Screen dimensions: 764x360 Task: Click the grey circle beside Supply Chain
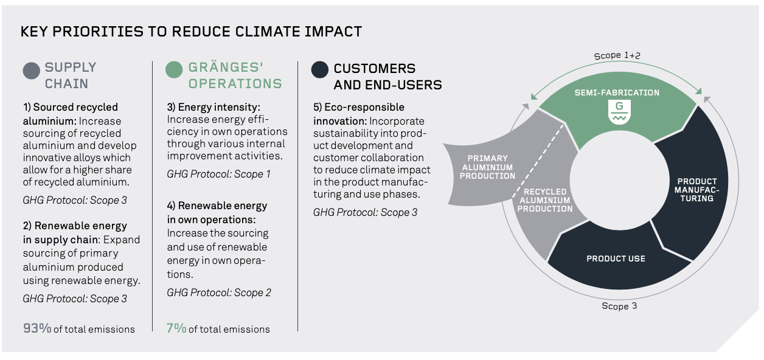click(32, 71)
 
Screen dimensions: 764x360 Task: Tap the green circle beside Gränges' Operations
click(174, 70)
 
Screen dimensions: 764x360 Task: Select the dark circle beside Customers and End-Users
click(320, 70)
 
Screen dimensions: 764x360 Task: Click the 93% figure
click(37, 328)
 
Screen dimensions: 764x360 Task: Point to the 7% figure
click(176, 328)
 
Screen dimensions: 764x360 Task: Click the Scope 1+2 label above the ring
click(617, 55)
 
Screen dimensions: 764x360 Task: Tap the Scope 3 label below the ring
click(619, 306)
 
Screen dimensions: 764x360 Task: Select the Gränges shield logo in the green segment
click(619, 112)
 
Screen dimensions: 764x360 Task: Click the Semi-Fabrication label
click(617, 92)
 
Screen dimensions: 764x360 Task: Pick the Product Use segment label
click(616, 259)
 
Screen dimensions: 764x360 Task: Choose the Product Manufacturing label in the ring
click(697, 190)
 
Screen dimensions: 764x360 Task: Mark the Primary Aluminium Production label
click(487, 167)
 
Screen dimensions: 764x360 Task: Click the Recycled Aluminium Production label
click(545, 200)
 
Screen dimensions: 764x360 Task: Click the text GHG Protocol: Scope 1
click(218, 174)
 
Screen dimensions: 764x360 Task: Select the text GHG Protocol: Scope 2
click(219, 292)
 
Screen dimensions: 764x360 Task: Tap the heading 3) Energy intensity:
click(214, 107)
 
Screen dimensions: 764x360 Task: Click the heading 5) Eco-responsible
click(359, 107)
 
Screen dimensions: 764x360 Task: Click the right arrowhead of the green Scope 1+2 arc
click(698, 91)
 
